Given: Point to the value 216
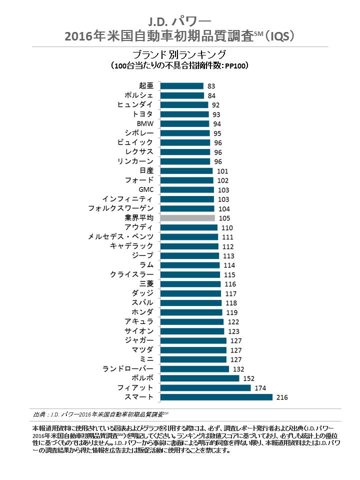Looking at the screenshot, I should (x=282, y=397).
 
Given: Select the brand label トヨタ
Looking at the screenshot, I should (x=142, y=114).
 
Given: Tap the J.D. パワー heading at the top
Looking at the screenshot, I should (x=179, y=20).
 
